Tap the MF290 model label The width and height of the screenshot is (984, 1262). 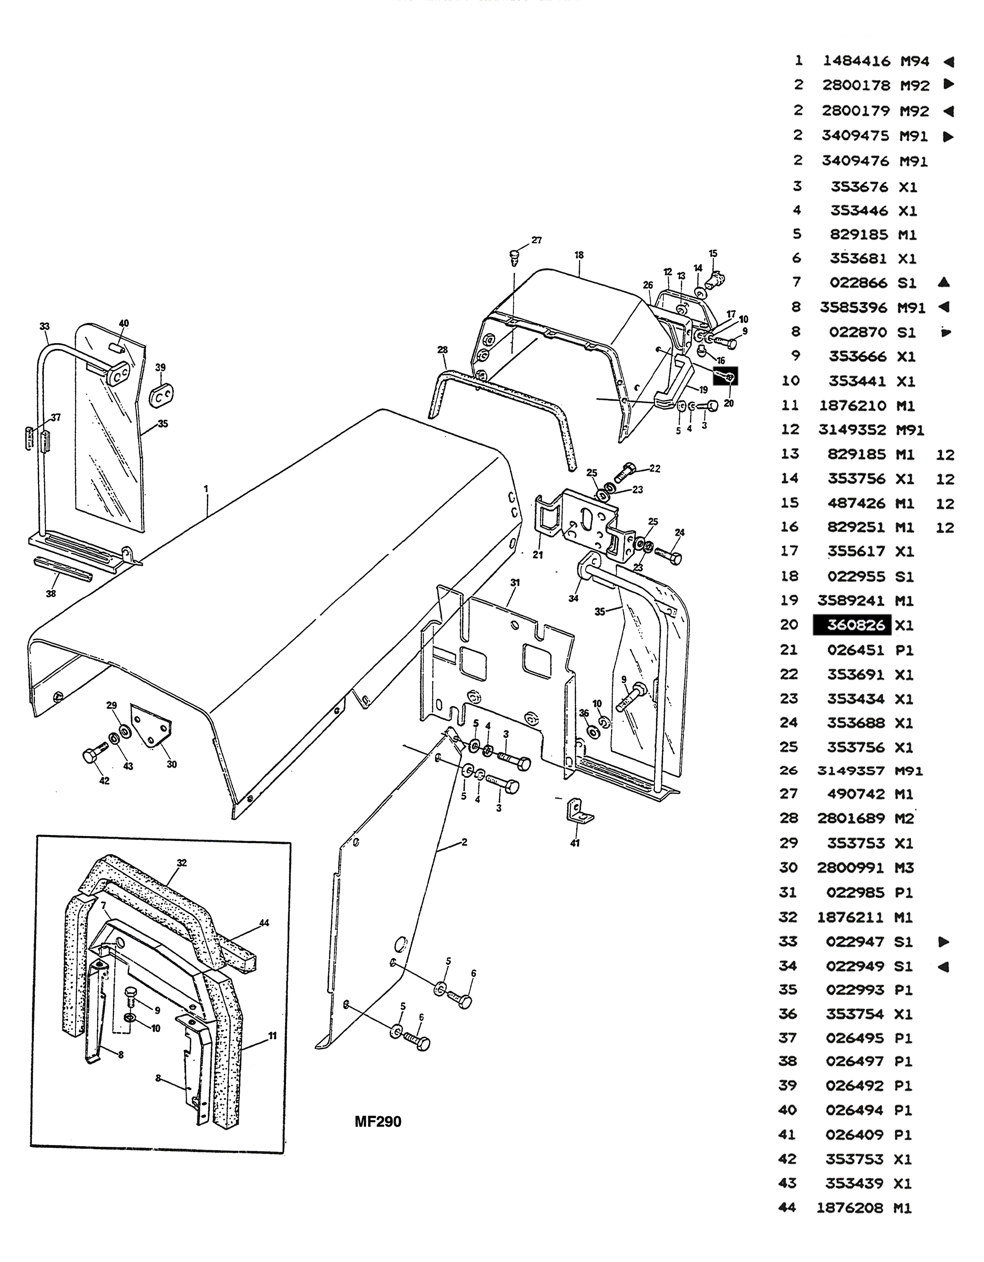(378, 1121)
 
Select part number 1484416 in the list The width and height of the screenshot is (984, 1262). (858, 61)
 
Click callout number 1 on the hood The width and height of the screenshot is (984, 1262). (206, 489)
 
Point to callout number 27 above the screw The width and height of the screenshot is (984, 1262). (537, 241)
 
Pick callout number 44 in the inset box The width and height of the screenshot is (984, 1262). (264, 923)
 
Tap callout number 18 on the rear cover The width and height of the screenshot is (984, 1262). (579, 255)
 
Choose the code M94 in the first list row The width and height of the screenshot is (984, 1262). (915, 61)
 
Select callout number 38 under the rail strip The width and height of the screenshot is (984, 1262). (51, 593)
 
